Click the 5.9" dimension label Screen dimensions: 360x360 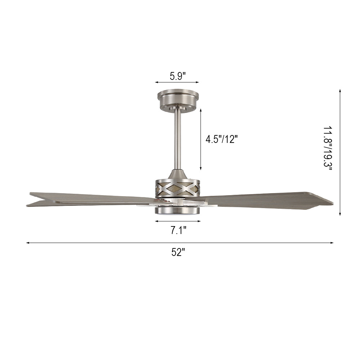177,76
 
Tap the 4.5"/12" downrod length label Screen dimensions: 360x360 221,139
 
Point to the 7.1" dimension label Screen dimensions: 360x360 178,230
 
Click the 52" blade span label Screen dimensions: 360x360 178,252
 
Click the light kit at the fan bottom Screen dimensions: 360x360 178,210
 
